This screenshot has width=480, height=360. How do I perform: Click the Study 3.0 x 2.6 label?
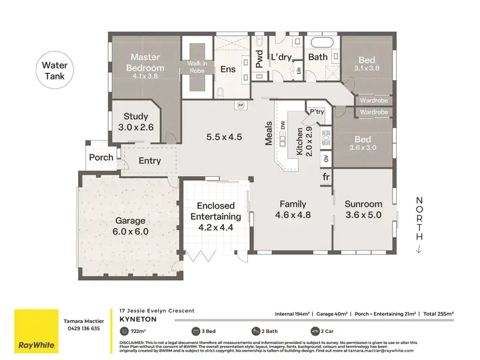(135, 122)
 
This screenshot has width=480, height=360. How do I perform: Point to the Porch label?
(101, 157)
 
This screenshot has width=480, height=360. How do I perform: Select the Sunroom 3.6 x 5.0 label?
(363, 209)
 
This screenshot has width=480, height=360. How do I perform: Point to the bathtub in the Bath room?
(319, 46)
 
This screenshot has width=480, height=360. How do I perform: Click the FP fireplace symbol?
(241, 104)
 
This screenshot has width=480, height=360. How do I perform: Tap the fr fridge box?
(326, 176)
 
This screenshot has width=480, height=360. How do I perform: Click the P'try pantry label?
(316, 110)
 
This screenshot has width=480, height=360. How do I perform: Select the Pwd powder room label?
(259, 59)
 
